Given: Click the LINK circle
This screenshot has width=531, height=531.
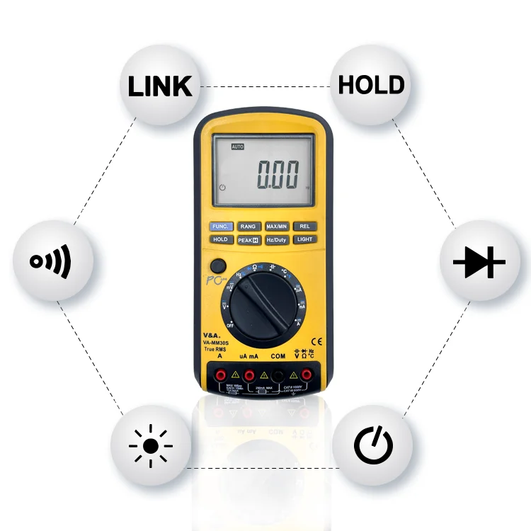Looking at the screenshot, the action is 160,86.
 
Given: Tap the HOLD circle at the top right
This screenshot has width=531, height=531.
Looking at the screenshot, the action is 371,86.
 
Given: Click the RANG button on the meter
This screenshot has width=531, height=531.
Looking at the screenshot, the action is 248,227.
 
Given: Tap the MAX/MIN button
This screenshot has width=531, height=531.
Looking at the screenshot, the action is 276,227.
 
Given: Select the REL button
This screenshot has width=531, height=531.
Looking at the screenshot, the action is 304,227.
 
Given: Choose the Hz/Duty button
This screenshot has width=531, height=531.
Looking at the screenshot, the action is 276,239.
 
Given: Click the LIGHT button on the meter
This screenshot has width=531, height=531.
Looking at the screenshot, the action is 304,239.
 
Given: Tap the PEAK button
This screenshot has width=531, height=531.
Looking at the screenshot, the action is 248,240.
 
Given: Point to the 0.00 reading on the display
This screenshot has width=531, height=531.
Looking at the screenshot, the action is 278,174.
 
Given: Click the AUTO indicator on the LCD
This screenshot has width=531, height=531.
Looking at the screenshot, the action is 238,147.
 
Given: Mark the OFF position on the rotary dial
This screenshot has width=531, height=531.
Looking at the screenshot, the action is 230,324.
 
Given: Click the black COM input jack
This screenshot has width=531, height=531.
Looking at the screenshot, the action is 278,375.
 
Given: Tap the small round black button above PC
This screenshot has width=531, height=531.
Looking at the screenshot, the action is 217,266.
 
